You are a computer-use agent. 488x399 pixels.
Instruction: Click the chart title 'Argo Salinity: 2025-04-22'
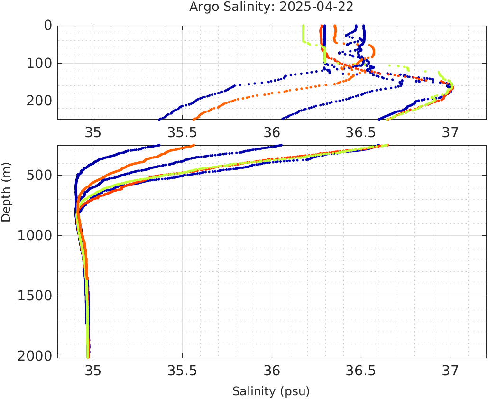pos(271,7)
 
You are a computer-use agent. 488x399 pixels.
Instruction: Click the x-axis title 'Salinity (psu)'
pos(271,391)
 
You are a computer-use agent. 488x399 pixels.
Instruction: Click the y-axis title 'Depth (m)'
pos(6,191)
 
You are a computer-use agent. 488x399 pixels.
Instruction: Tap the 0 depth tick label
pos(48,26)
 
